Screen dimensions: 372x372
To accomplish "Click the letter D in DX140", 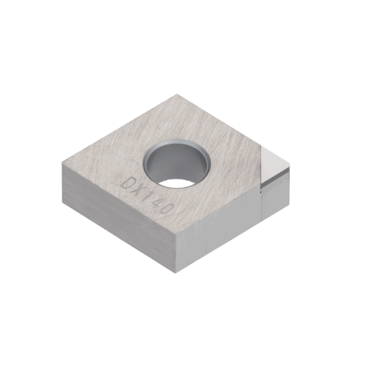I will click(x=126, y=183).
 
